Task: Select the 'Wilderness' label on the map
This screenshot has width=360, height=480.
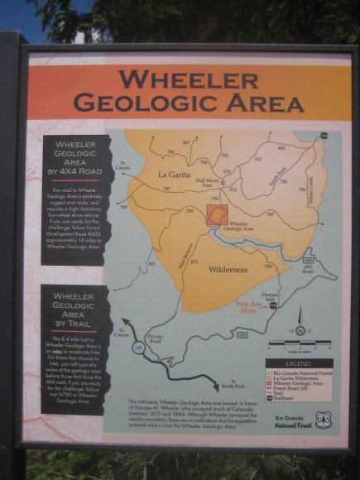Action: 228,270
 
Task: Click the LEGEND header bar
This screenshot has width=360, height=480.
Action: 299,363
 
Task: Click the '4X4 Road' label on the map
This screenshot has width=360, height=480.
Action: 307,266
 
